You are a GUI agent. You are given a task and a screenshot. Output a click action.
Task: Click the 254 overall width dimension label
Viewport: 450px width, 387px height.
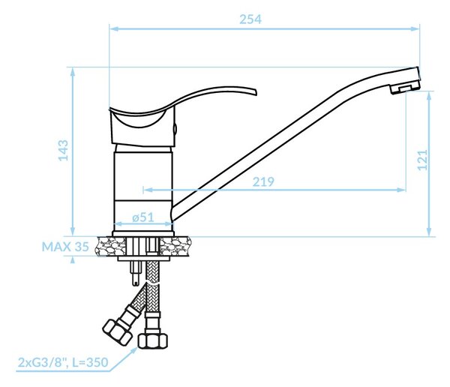click(250, 19)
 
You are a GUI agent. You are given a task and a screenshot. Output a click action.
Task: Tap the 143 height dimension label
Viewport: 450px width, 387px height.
click(64, 151)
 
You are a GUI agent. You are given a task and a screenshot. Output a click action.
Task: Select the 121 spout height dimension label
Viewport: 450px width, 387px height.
click(422, 160)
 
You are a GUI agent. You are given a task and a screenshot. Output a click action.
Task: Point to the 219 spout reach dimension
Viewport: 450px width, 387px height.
click(263, 181)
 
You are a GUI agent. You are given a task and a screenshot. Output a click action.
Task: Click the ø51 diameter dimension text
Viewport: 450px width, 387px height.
click(143, 217)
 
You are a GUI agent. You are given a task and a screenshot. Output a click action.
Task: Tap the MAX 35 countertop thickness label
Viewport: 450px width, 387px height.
click(65, 247)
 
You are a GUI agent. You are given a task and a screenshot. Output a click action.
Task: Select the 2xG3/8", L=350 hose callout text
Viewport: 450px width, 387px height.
click(63, 362)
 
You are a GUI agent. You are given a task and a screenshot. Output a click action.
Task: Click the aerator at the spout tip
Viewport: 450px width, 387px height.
click(405, 87)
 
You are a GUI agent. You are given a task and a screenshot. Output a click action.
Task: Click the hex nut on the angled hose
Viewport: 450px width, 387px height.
click(117, 331)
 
